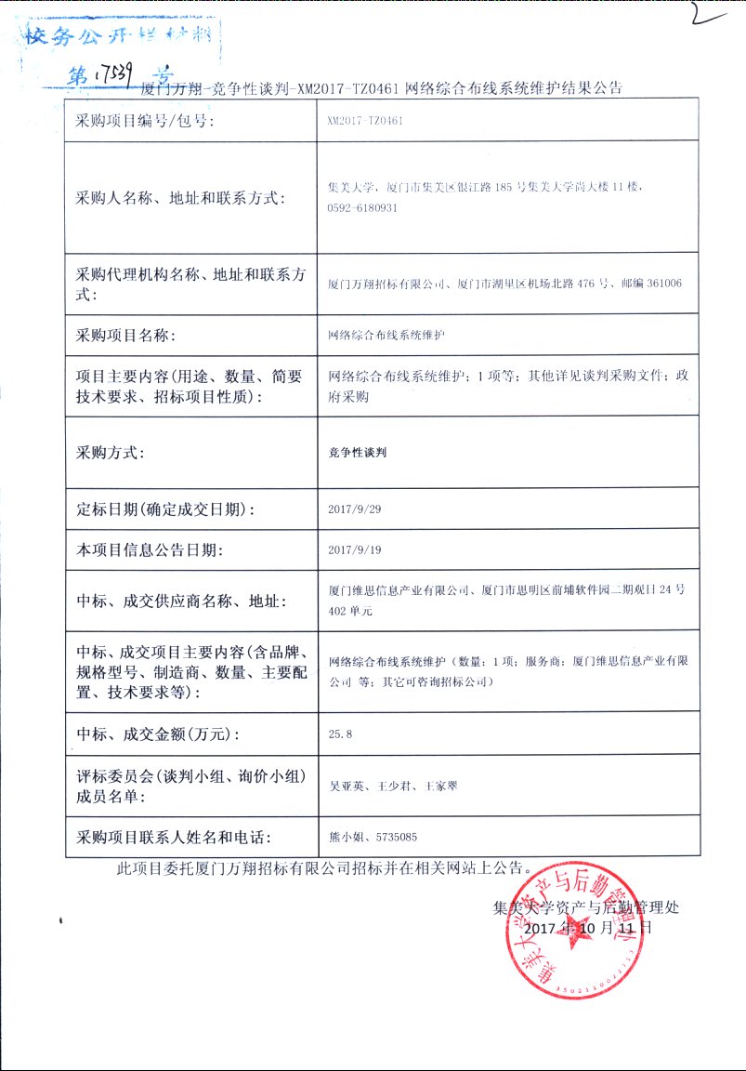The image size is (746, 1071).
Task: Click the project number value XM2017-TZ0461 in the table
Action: [365, 121]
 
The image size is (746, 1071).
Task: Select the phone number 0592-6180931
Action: [362, 207]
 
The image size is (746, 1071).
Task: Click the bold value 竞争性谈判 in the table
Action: [358, 453]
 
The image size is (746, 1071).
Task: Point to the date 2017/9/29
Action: [356, 509]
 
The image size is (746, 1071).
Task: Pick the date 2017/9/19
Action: [356, 549]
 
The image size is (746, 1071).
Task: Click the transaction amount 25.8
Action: [341, 734]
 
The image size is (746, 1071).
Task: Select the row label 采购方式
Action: [110, 453]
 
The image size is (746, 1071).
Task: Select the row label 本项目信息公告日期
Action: [150, 550]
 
